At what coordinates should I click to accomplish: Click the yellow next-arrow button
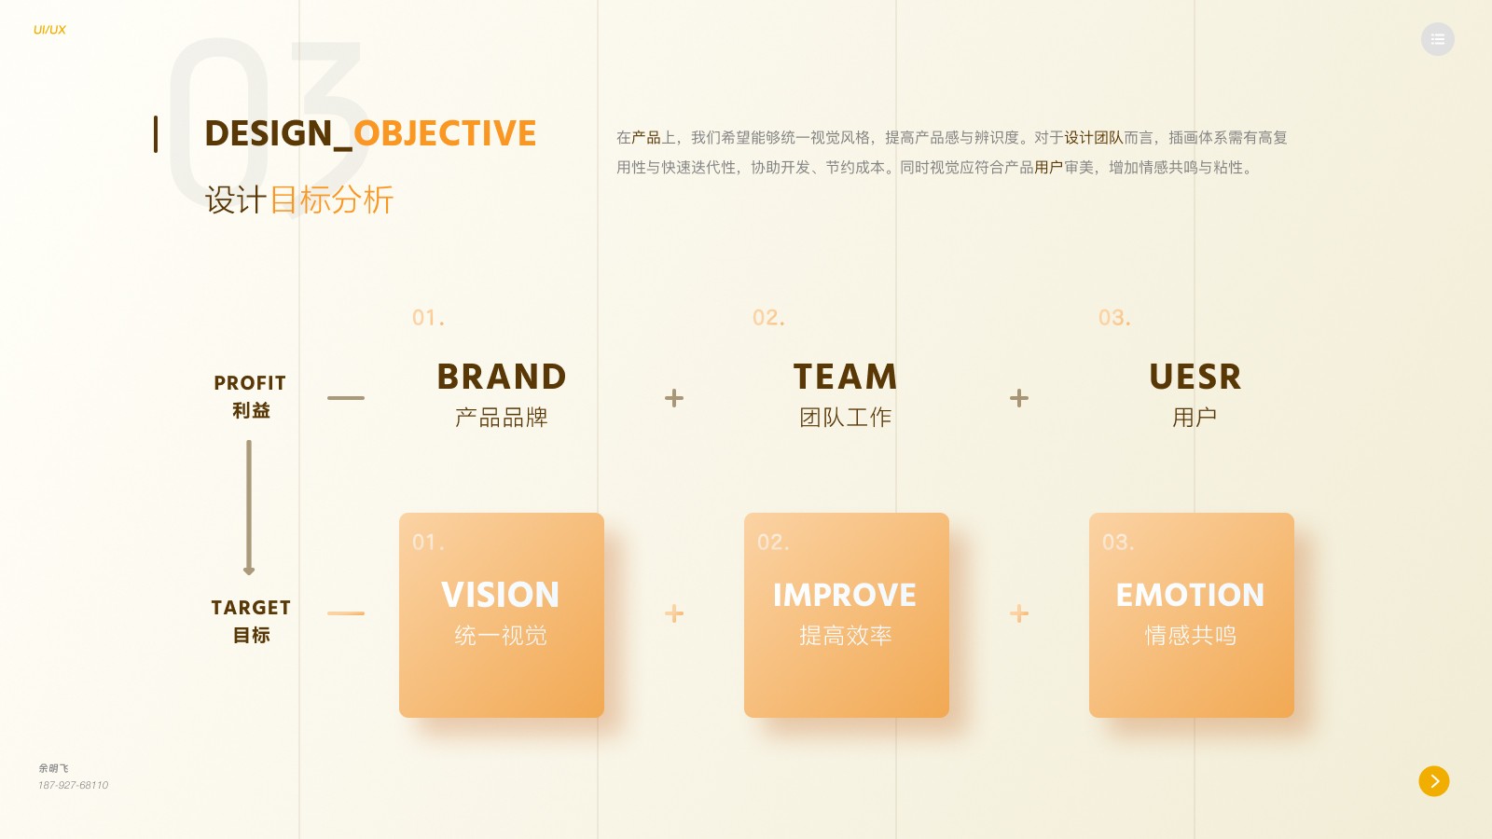coord(1434,781)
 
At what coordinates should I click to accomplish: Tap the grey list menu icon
coord(1437,39)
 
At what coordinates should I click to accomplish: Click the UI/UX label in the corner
coord(49,30)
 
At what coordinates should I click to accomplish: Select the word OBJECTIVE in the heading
coord(445,133)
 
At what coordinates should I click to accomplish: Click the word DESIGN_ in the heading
coord(278,134)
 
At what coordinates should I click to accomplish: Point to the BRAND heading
coord(502,377)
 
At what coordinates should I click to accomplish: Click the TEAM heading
coord(846,377)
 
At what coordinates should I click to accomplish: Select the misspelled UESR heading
coord(1195,377)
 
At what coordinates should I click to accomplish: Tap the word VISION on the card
coord(501,595)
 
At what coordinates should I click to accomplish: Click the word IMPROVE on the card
coord(845,595)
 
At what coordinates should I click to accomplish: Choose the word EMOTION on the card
coord(1190,595)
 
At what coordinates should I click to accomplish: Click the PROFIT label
coord(250,383)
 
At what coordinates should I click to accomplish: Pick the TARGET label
coord(251,608)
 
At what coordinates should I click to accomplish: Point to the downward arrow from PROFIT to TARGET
coord(249,508)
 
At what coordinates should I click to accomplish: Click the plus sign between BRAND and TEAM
coord(674,398)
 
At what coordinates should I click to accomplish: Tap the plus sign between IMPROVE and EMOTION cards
coord(1019,613)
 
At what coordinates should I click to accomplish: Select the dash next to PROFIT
coord(346,398)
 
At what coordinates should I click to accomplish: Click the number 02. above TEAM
coord(768,318)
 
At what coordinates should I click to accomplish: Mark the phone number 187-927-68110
coord(74,785)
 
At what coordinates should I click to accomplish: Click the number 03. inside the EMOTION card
coord(1118,543)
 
